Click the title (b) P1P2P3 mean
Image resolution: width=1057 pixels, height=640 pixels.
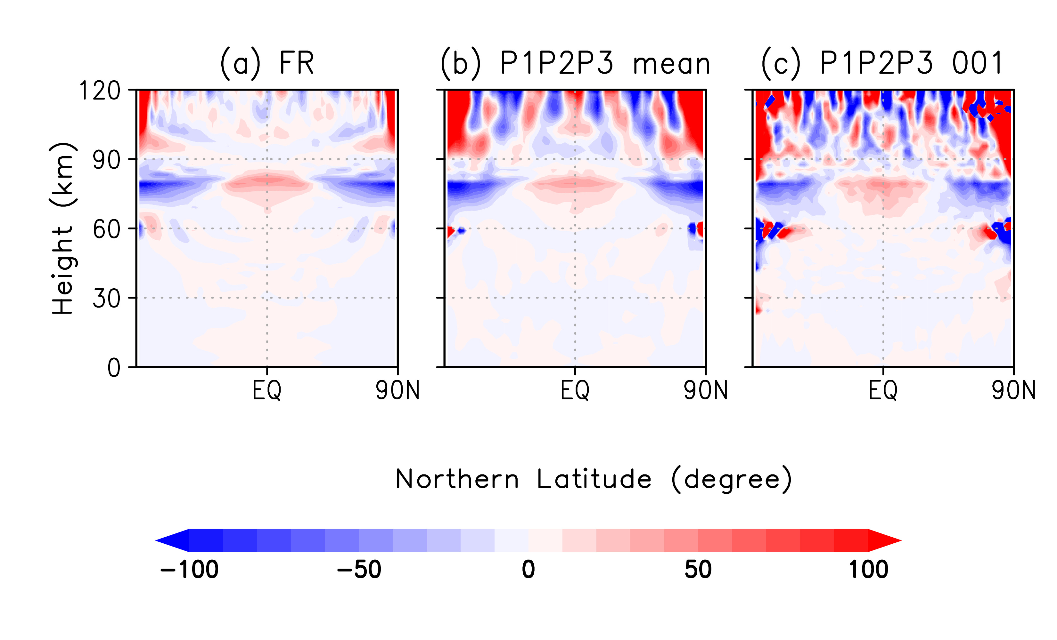click(575, 63)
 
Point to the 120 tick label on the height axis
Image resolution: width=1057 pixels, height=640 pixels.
click(100, 91)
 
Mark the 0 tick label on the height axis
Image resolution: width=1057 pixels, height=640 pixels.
click(114, 368)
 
